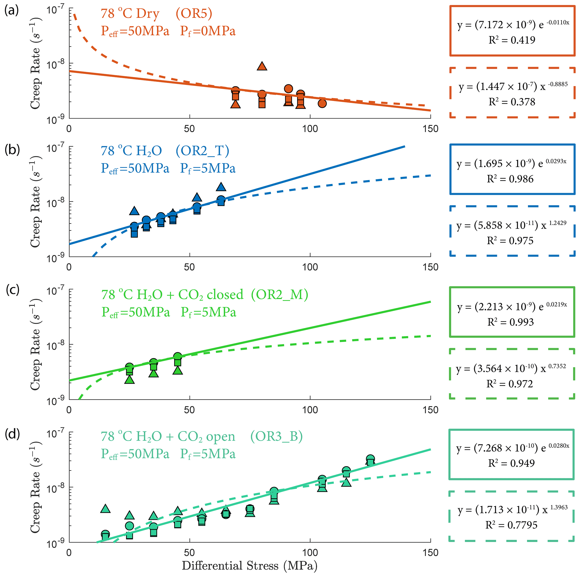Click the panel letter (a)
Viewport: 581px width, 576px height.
pyautogui.click(x=12, y=11)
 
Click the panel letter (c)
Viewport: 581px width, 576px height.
pyautogui.click(x=13, y=290)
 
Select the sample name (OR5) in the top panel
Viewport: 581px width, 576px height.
pyautogui.click(x=194, y=13)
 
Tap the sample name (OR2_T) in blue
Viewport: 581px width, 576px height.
pyautogui.click(x=202, y=151)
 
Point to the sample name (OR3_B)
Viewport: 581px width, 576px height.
pyautogui.click(x=276, y=436)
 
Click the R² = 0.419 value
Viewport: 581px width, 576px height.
pyautogui.click(x=512, y=40)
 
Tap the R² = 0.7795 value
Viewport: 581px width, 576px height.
pyautogui.click(x=511, y=525)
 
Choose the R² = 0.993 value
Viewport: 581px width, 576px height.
pyautogui.click(x=511, y=322)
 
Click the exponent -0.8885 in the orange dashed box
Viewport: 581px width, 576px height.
pyautogui.click(x=558, y=84)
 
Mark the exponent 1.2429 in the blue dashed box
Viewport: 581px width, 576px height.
pyautogui.click(x=558, y=223)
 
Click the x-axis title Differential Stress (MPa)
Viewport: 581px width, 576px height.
pyautogui.click(x=250, y=566)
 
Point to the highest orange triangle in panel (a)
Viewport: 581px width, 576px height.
pyautogui.click(x=262, y=66)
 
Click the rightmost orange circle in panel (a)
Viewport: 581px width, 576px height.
pyautogui.click(x=322, y=103)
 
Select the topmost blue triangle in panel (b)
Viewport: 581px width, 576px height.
pyautogui.click(x=221, y=187)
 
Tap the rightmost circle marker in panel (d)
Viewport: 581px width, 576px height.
pyautogui.click(x=370, y=459)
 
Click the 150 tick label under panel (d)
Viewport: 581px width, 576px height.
pyautogui.click(x=430, y=553)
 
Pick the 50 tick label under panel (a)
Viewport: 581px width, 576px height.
pyautogui.click(x=189, y=129)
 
